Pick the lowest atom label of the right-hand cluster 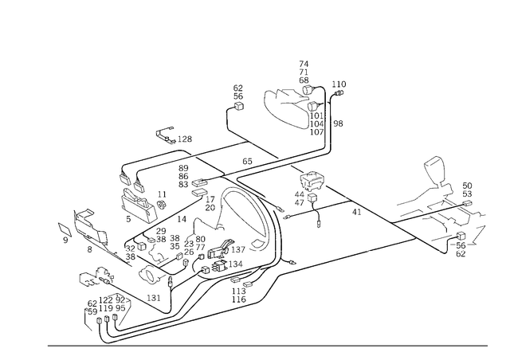457,253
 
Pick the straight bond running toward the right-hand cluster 375,213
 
